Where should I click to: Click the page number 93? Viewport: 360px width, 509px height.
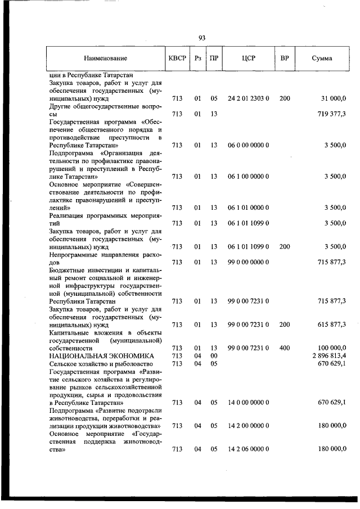202,38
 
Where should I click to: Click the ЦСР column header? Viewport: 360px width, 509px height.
248,58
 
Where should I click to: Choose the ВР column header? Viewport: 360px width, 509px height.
285,58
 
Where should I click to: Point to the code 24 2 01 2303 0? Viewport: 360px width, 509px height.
248,98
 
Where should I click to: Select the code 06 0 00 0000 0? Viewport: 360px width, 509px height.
248,145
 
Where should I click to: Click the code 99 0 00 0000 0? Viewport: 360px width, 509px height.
248,262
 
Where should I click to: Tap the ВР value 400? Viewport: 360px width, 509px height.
285,348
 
